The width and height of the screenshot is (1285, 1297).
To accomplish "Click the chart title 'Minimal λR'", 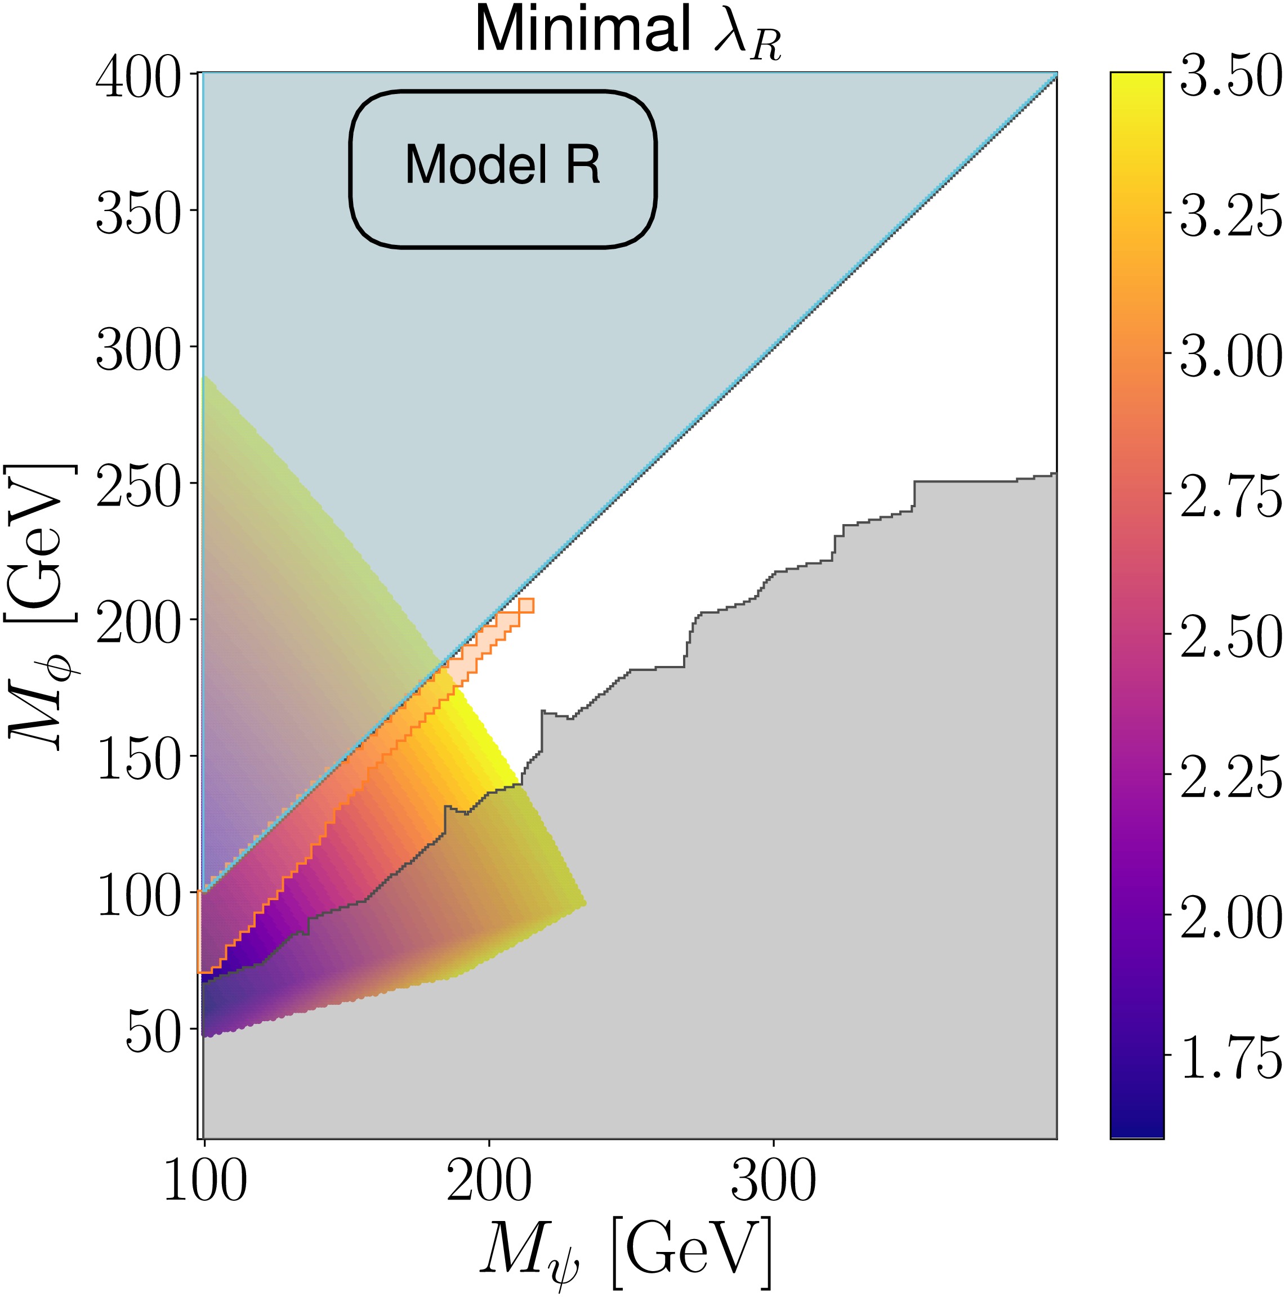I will (x=628, y=32).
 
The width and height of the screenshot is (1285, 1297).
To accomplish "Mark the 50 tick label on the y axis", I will (x=153, y=1033).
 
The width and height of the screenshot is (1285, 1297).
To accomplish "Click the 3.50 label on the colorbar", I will (x=1230, y=79).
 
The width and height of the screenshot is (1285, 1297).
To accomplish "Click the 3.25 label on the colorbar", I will (x=1230, y=219).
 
